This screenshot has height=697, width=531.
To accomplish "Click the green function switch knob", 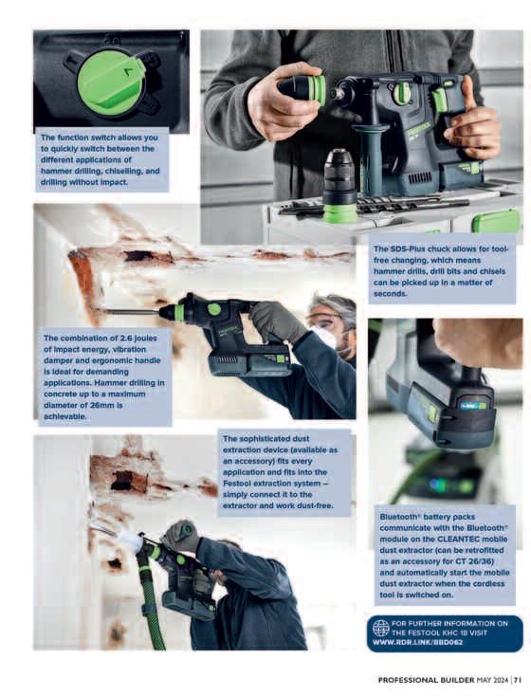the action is (111, 83).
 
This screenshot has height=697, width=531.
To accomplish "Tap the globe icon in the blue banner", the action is (380, 628).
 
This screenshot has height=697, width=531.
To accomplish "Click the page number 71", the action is (518, 680).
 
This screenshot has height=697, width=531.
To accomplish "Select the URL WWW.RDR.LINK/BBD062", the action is (417, 642).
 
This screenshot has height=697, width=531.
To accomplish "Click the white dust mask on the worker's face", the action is (326, 337).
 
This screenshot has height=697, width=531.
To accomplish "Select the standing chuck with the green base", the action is (339, 187).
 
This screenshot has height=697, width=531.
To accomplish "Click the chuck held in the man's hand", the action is (302, 89).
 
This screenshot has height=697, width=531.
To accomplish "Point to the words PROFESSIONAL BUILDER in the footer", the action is (426, 680).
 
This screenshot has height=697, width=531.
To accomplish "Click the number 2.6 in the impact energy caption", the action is (127, 338).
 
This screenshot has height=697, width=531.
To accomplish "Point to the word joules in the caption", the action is (147, 338).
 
